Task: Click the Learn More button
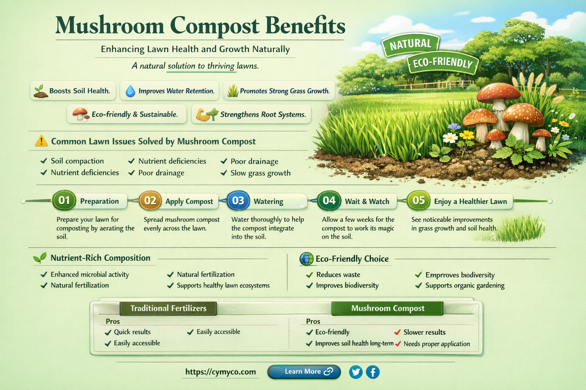(x=304, y=372)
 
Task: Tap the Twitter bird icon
(x=356, y=372)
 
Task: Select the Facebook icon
(x=373, y=372)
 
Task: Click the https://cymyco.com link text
(x=221, y=372)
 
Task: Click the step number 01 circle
(x=64, y=200)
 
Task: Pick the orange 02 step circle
(x=150, y=201)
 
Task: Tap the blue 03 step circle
(x=238, y=201)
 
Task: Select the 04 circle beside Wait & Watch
(x=329, y=201)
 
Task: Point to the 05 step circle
(x=419, y=200)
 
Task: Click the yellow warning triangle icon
(x=41, y=141)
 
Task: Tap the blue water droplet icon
(x=130, y=91)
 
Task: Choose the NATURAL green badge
(x=411, y=45)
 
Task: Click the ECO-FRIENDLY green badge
(x=443, y=63)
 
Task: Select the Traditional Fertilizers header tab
(x=168, y=308)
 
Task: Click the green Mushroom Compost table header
(x=387, y=308)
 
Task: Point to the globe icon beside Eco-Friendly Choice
(x=306, y=259)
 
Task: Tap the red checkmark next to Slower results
(x=398, y=332)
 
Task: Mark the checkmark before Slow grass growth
(x=224, y=173)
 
